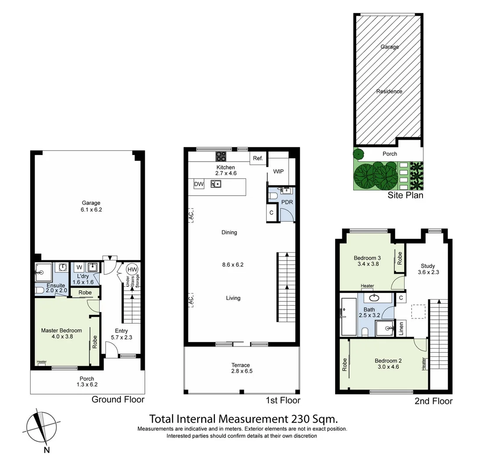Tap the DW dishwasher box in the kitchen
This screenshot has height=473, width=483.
(199, 184)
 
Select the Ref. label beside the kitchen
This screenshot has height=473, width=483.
(258, 159)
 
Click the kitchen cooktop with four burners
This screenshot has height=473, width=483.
(221, 156)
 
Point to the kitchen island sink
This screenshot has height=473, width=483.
(215, 184)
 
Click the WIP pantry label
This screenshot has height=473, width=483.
(278, 171)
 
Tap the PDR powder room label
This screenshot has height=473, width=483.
(287, 202)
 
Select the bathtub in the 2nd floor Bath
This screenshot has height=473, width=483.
(348, 317)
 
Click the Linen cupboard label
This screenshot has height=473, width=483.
(400, 328)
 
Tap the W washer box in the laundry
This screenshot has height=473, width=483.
(79, 267)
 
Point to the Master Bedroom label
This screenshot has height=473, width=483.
(61, 330)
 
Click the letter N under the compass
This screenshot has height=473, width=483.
(47, 450)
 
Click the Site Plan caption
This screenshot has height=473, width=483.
(405, 195)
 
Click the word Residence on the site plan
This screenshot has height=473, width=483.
(389, 92)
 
